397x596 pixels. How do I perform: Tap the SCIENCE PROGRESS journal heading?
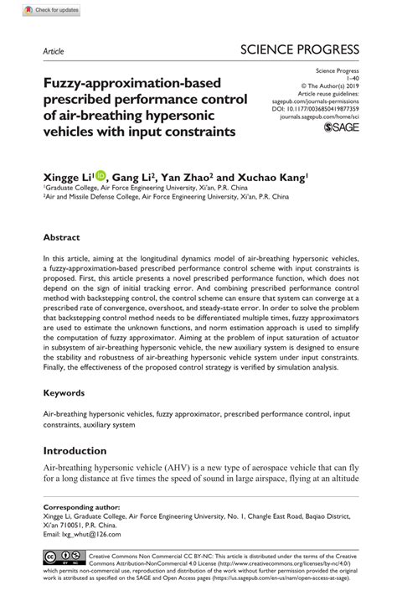(x=300, y=49)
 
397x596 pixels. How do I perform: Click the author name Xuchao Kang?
(x=270, y=177)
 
